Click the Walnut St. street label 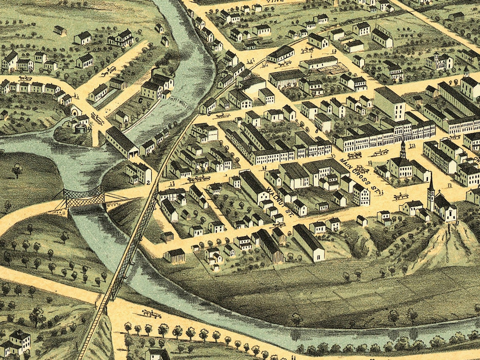click(279, 202)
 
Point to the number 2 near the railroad click(148, 182)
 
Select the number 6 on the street click(317, 131)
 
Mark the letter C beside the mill click(140, 100)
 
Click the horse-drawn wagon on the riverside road click(151, 314)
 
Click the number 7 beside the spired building click(387, 162)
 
